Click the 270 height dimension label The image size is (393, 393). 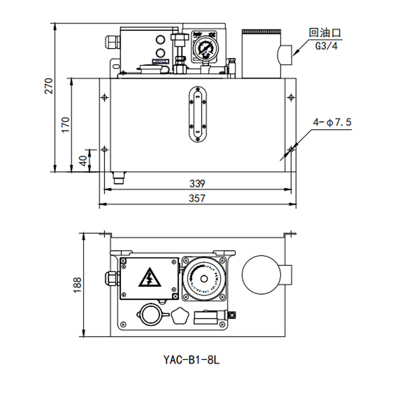(48, 86)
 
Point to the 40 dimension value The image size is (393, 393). (83, 160)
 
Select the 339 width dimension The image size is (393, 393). (196, 184)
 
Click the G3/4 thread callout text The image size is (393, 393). (326, 46)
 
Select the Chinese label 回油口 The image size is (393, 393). (325, 33)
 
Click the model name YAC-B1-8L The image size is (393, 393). (192, 360)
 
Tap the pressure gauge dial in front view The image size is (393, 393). (203, 50)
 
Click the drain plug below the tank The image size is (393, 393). (118, 177)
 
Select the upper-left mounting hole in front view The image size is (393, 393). (104, 97)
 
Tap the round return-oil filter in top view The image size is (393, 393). (262, 275)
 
